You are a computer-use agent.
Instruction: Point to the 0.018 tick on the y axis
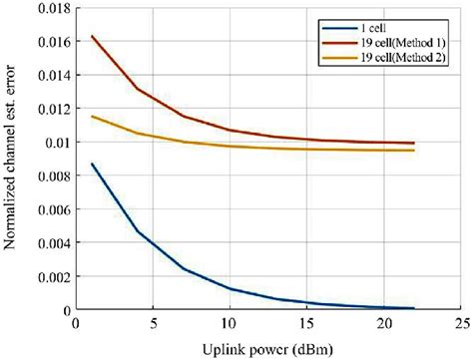pyautogui.click(x=46, y=8)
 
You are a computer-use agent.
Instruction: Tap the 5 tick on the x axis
pyautogui.click(x=151, y=324)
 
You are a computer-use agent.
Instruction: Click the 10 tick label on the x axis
pyautogui.click(x=228, y=324)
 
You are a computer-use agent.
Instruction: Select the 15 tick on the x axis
pyautogui.click(x=305, y=324)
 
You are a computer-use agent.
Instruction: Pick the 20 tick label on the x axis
pyautogui.click(x=382, y=324)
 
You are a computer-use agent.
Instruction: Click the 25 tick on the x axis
pyautogui.click(x=459, y=324)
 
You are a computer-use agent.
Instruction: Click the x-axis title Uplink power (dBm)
pyautogui.click(x=266, y=347)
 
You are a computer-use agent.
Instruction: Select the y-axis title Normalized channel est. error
pyautogui.click(x=12, y=160)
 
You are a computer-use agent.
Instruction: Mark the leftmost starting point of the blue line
pyautogui.click(x=90, y=164)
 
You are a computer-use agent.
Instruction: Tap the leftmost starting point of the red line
pyautogui.click(x=90, y=36)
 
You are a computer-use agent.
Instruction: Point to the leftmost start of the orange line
pyautogui.click(x=90, y=117)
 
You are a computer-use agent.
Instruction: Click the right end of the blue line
pyautogui.click(x=413, y=308)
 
